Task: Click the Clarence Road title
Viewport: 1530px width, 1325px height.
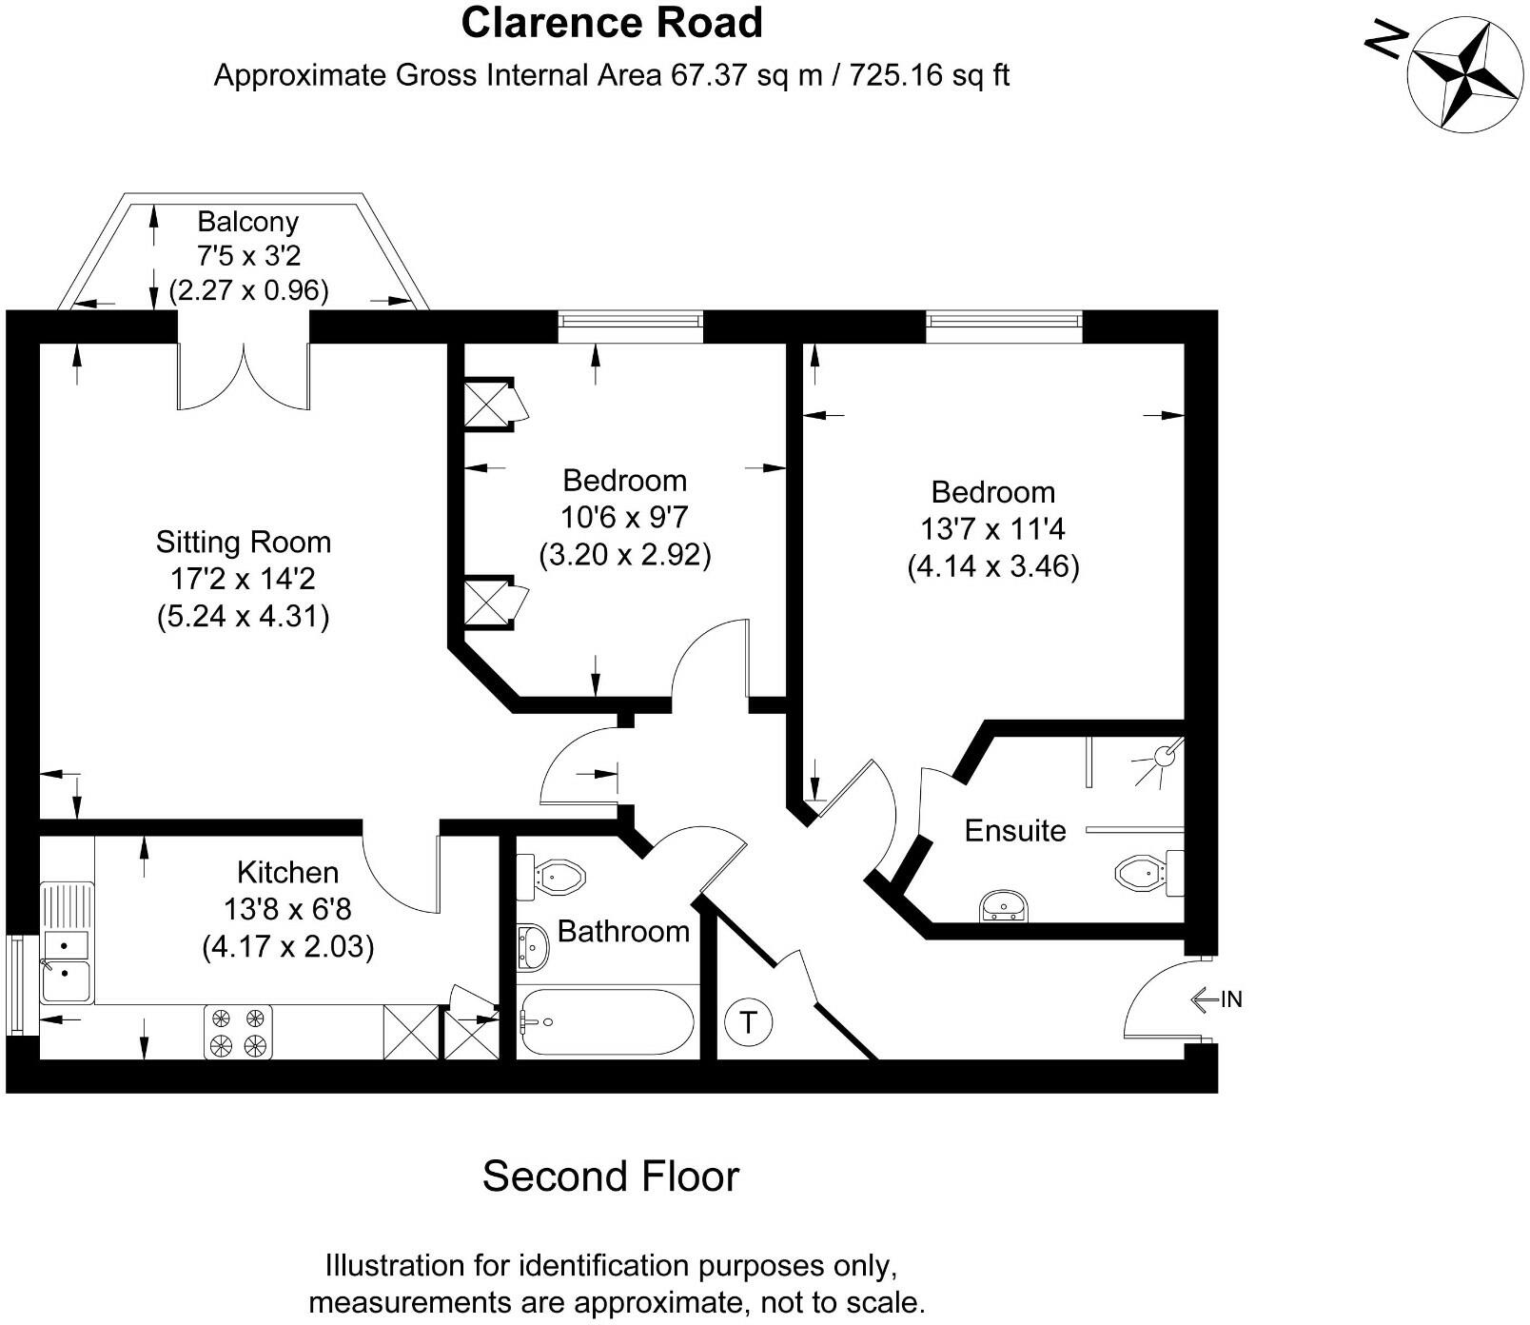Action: tap(612, 23)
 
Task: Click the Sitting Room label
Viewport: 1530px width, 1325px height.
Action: tap(244, 543)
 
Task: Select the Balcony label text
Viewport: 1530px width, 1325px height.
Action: tap(247, 222)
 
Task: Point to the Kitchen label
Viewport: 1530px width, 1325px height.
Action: tap(287, 872)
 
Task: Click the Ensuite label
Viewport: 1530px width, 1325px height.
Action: tap(1014, 830)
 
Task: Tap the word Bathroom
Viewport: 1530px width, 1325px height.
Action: tap(623, 931)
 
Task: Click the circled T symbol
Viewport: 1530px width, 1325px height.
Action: tap(748, 1023)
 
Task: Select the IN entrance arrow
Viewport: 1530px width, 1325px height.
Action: tap(1216, 999)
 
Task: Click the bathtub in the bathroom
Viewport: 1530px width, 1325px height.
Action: tap(606, 1022)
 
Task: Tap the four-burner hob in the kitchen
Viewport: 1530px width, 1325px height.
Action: tap(238, 1032)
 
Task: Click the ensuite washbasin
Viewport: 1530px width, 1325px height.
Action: tap(1003, 905)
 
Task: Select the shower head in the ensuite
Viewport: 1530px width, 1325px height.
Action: tap(1164, 757)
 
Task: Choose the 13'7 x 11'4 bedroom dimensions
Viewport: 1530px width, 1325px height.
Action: tap(992, 528)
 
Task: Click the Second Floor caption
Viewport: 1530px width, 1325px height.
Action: tap(610, 1177)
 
